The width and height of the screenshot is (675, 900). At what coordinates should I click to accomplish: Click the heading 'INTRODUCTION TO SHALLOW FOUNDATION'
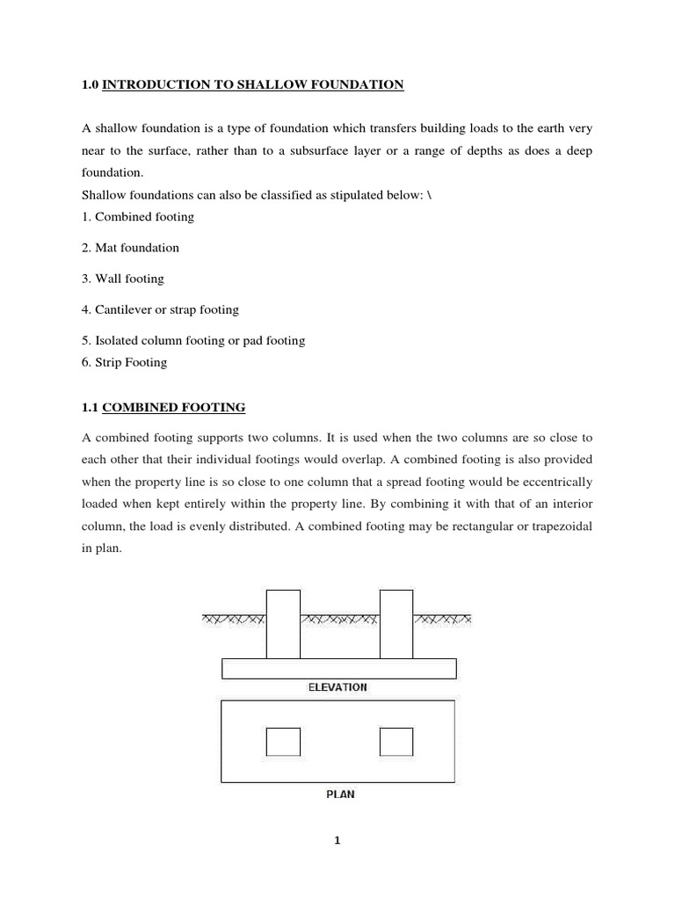point(253,84)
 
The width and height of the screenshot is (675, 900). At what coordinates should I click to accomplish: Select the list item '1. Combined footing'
point(138,216)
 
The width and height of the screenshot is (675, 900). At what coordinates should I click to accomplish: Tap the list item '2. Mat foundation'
point(130,248)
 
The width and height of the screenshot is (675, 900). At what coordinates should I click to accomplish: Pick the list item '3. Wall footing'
point(123,279)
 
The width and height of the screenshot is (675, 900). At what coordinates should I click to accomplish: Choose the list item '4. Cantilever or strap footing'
point(160,310)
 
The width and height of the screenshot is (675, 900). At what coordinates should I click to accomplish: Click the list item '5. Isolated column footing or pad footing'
point(193,341)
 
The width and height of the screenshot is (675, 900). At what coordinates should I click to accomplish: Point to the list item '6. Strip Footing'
point(124,362)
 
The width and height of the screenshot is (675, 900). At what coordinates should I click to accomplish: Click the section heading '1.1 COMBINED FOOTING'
point(163,408)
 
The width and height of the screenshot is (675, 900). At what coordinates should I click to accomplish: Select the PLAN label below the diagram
point(339,795)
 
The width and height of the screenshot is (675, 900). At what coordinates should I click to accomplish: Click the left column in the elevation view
point(283,624)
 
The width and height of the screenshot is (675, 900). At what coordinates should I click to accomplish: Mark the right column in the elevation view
point(396,624)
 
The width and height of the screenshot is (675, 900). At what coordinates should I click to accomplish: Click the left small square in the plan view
point(283,742)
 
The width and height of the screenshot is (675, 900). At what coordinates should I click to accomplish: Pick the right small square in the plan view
point(396,742)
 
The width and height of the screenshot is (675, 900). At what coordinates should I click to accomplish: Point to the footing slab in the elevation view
point(339,669)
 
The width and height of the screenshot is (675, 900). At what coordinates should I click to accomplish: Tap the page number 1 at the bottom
point(337,840)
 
